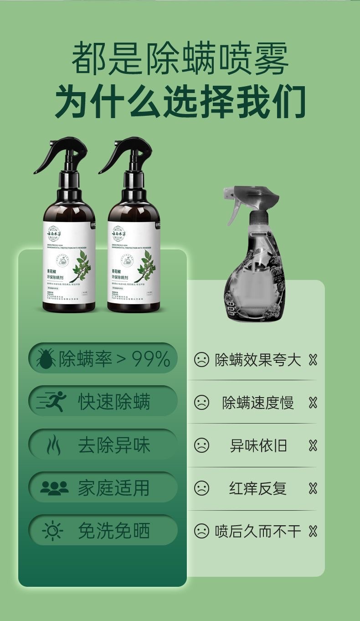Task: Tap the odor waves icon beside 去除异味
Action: pos(54,445)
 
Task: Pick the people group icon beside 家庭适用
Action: pos(54,488)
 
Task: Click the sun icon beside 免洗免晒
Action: pos(52,531)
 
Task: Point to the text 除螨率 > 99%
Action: pos(114,359)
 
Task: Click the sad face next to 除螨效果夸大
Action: pos(201,360)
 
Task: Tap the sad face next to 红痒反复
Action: pos(201,488)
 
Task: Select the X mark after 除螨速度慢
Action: pos(313,403)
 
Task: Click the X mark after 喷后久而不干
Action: pos(313,531)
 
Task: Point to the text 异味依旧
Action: pos(258,445)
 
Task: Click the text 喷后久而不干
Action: pos(258,531)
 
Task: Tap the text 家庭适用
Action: pos(114,488)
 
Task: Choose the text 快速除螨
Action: pos(114,402)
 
